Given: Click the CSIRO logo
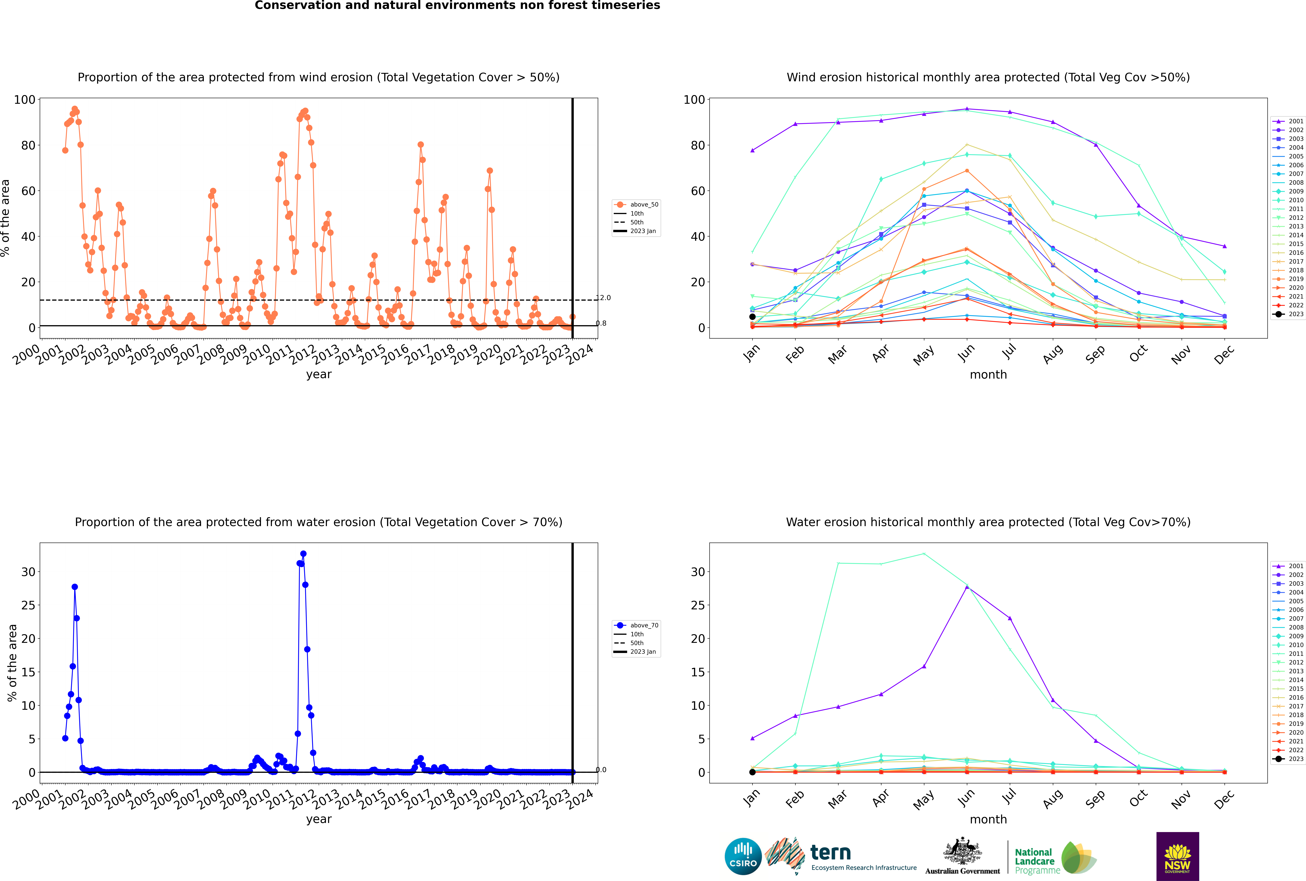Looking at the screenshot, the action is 743,856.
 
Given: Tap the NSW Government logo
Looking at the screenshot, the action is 1177,856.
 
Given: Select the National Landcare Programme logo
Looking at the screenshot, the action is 1056,857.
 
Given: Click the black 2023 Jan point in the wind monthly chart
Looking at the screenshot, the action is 752,317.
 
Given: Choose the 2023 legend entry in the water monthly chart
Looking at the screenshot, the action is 1287,759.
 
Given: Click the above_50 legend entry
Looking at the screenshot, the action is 636,205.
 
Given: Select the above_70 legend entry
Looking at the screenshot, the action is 636,625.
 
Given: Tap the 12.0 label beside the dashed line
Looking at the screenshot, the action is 603,298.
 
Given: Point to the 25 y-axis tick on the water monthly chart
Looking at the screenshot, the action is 698,605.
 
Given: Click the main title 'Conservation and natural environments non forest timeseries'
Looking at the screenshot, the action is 458,6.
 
